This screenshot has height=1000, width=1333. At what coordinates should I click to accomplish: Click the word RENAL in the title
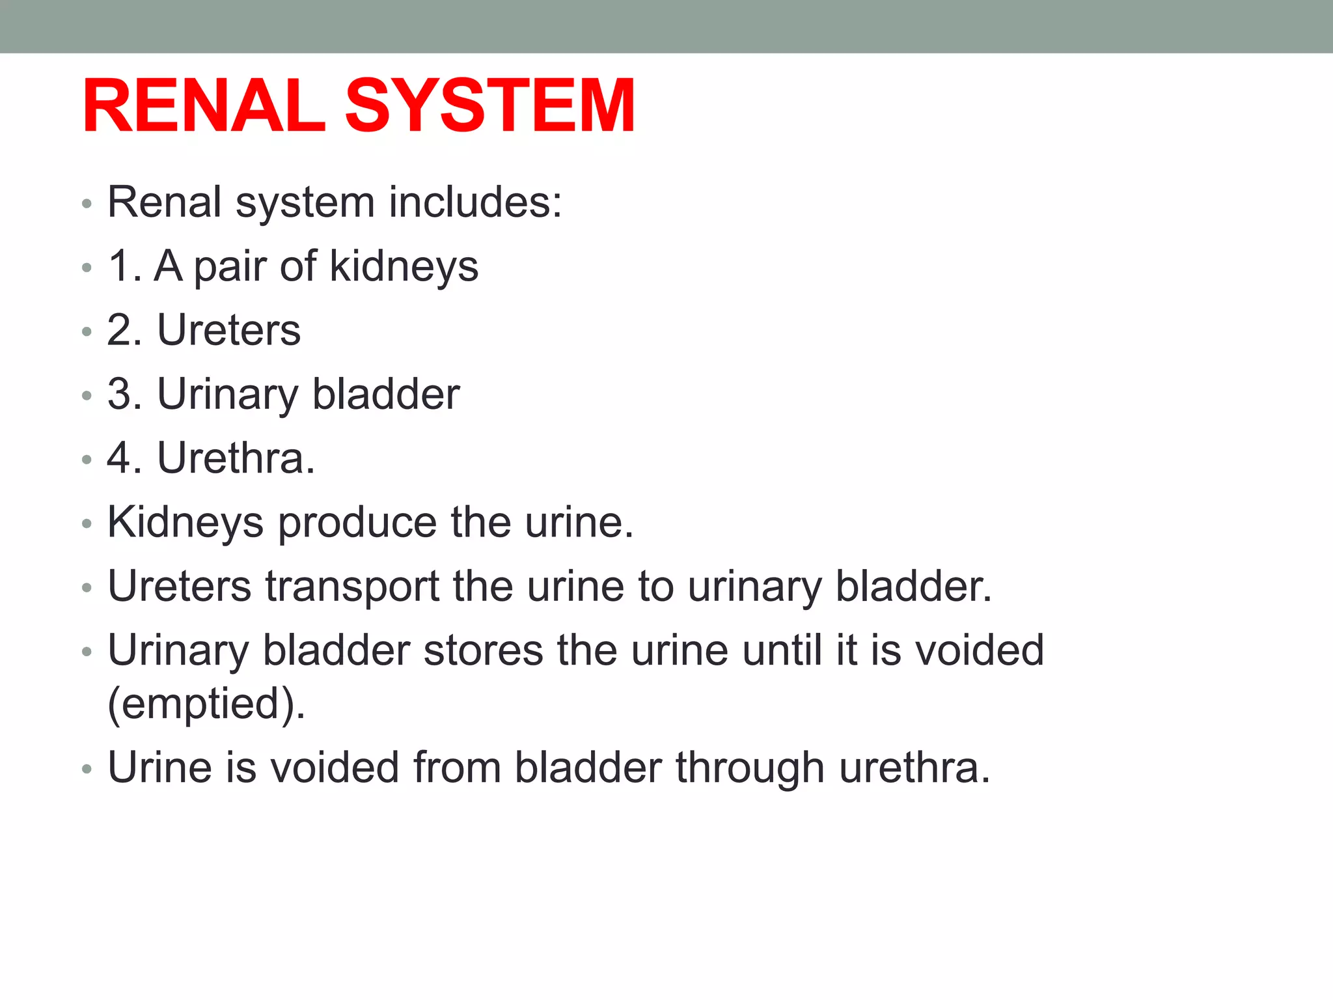pyautogui.click(x=203, y=106)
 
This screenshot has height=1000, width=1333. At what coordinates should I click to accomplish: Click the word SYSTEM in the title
pyautogui.click(x=489, y=106)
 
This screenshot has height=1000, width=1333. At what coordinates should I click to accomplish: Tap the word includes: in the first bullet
pyautogui.click(x=475, y=202)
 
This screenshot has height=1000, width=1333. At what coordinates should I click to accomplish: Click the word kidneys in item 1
pyautogui.click(x=404, y=267)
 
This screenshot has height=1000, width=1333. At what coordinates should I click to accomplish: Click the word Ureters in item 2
pyautogui.click(x=229, y=329)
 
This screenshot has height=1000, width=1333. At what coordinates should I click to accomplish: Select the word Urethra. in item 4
pyautogui.click(x=236, y=458)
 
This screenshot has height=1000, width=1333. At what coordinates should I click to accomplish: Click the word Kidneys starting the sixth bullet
pyautogui.click(x=186, y=523)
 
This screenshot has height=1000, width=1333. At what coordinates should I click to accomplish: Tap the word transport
pyautogui.click(x=352, y=587)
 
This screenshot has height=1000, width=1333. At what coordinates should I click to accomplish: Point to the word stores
pyautogui.click(x=483, y=650)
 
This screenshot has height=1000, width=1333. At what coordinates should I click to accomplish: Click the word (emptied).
pyautogui.click(x=206, y=703)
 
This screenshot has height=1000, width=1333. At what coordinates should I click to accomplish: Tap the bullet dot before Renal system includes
pyautogui.click(x=87, y=204)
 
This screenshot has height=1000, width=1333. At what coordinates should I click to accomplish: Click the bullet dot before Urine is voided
pyautogui.click(x=87, y=770)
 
